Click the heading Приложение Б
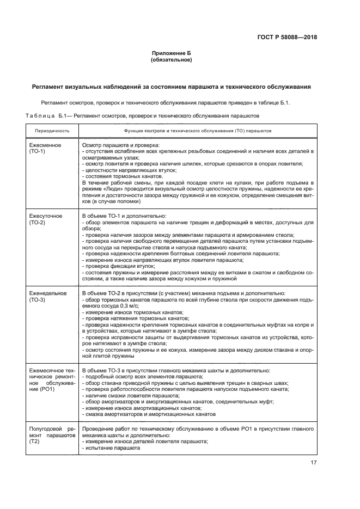point(172,53)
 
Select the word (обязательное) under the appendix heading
point(172,60)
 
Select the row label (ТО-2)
point(37,223)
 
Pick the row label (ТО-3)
point(37,300)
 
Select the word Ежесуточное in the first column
point(46,217)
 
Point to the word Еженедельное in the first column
point(48,294)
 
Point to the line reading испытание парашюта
point(108,447)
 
